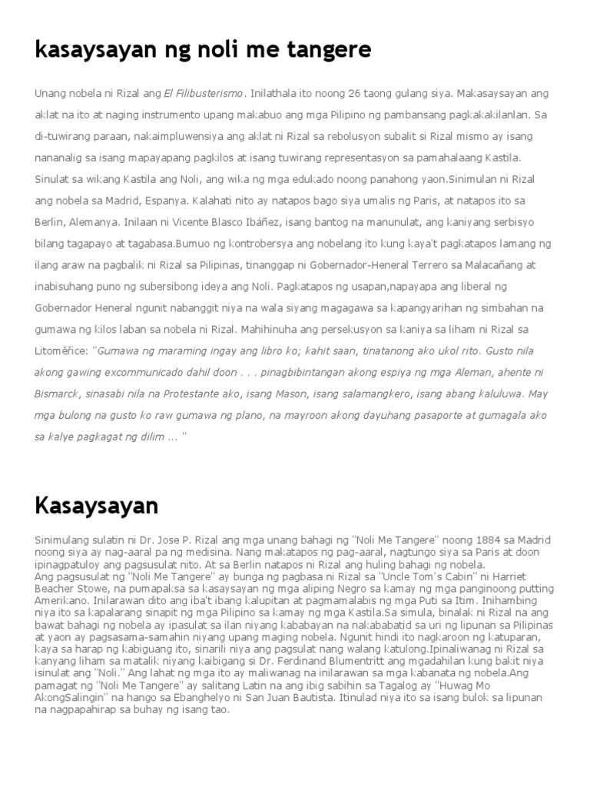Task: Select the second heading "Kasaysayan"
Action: pyautogui.click(x=97, y=506)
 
